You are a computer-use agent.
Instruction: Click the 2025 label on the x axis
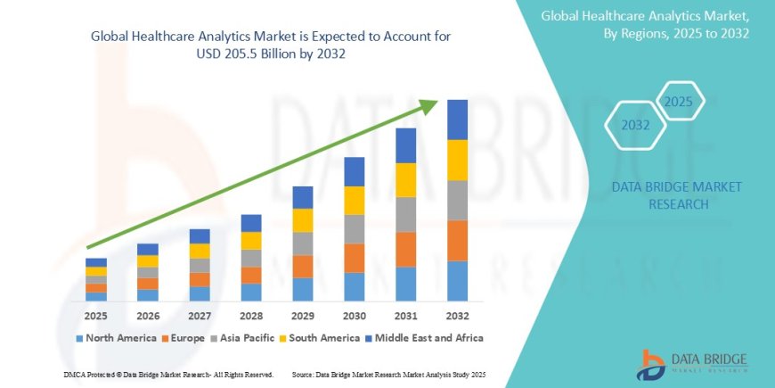pyautogui.click(x=95, y=316)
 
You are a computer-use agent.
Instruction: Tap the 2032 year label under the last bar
pyautogui.click(x=457, y=316)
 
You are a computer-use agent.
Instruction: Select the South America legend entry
pyautogui.click(x=319, y=338)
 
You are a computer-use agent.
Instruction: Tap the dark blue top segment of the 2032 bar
pyautogui.click(x=457, y=120)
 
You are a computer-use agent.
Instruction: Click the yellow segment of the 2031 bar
pyautogui.click(x=405, y=179)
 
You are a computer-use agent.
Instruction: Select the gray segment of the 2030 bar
pyautogui.click(x=355, y=228)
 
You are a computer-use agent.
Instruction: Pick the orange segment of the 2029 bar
pyautogui.click(x=303, y=266)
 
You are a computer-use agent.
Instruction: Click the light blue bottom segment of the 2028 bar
pyautogui.click(x=251, y=292)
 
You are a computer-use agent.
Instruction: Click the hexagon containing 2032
pyautogui.click(x=635, y=126)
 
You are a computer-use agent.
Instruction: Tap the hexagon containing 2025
pyautogui.click(x=679, y=101)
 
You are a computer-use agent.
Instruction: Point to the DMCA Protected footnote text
pyautogui.click(x=168, y=374)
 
